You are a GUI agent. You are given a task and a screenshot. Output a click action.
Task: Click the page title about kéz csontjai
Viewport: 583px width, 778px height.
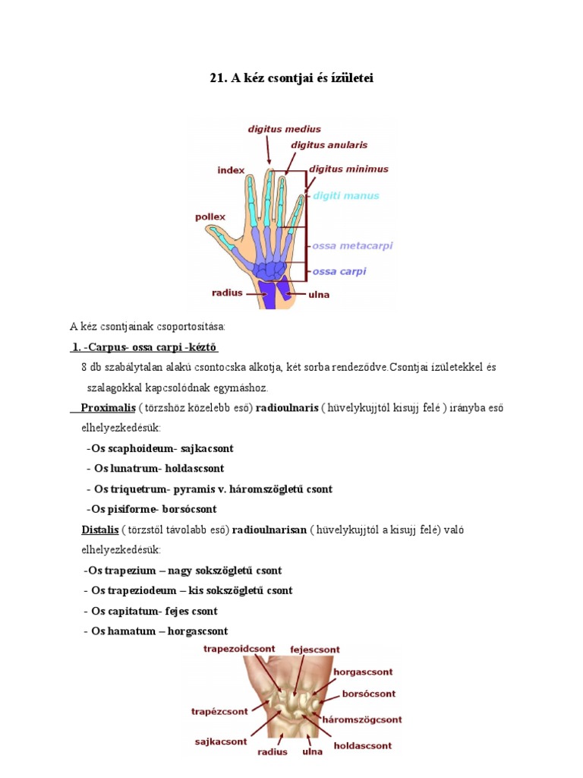coord(291,78)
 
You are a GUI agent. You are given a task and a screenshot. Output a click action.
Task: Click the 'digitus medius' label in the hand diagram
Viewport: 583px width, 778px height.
coord(284,129)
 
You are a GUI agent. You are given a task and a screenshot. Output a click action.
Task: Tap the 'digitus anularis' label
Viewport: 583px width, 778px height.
coord(329,144)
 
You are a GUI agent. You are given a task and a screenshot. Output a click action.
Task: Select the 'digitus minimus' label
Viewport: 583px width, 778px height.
coord(348,169)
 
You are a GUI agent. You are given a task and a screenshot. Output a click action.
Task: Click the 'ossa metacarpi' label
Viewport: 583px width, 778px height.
coord(352,246)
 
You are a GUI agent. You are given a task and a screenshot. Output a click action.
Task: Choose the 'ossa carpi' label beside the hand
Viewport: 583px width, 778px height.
coord(339,271)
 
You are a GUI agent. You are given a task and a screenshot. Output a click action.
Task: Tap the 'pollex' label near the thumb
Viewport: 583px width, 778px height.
coord(210,217)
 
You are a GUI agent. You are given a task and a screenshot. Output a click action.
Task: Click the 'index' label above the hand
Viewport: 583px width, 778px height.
coord(232,170)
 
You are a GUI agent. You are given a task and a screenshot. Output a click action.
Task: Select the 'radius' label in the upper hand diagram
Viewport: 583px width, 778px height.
coord(227,291)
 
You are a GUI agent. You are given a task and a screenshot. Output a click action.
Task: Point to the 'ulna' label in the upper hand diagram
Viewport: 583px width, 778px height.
coord(318,294)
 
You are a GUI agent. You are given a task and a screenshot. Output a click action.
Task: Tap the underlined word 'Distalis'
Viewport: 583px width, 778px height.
coord(100,529)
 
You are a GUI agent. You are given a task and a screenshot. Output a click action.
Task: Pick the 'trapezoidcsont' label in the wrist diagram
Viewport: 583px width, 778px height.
coord(240,649)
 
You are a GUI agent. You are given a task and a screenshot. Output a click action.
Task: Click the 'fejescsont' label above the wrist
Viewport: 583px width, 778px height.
coord(315,650)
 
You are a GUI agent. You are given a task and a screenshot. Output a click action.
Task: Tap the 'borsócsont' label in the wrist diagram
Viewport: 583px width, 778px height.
coord(369,694)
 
